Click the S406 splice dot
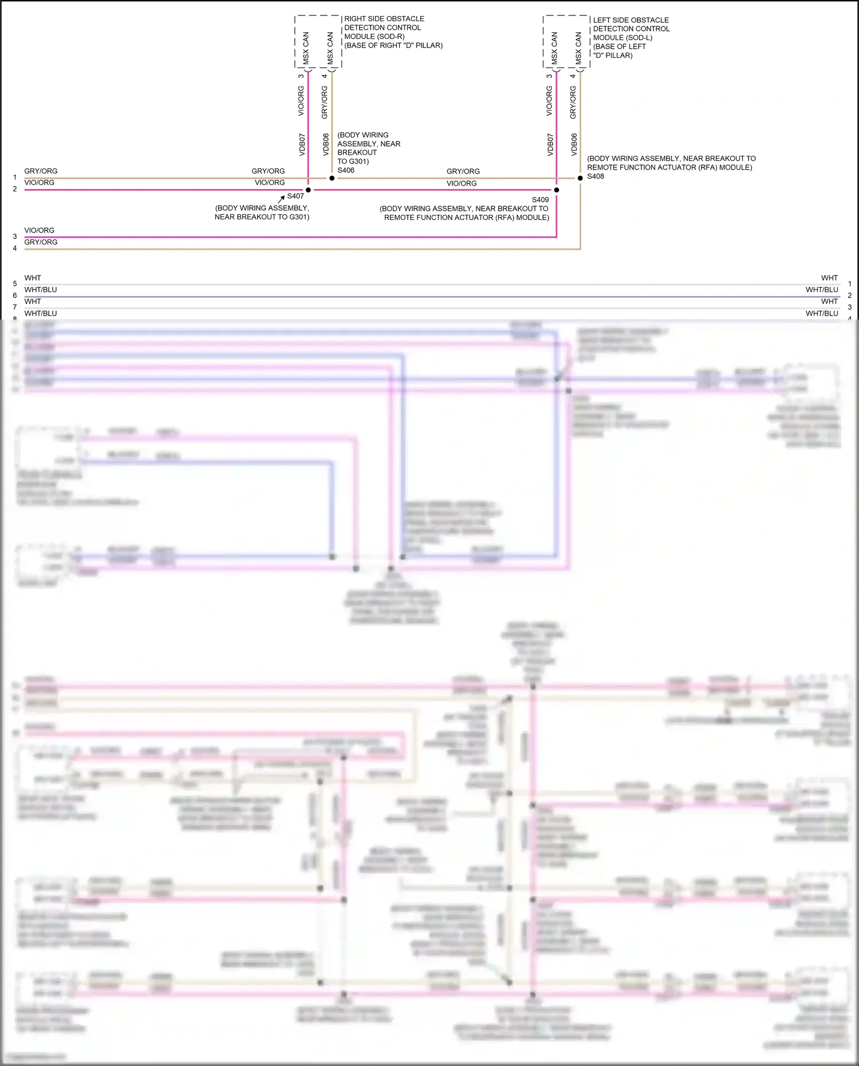332,178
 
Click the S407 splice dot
308,190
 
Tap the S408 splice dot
580,178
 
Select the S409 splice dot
556,190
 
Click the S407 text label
295,196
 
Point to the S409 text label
540,200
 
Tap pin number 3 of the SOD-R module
301,76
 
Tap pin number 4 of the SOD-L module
573,76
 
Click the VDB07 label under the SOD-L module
550,145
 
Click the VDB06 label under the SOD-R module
326,145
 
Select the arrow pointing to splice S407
282,198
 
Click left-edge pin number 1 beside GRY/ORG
15,178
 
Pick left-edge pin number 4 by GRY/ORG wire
15,249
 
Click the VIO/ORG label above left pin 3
40,230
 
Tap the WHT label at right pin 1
829,278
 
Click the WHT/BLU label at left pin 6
41,290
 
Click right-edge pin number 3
850,308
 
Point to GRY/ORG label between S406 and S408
463,171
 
